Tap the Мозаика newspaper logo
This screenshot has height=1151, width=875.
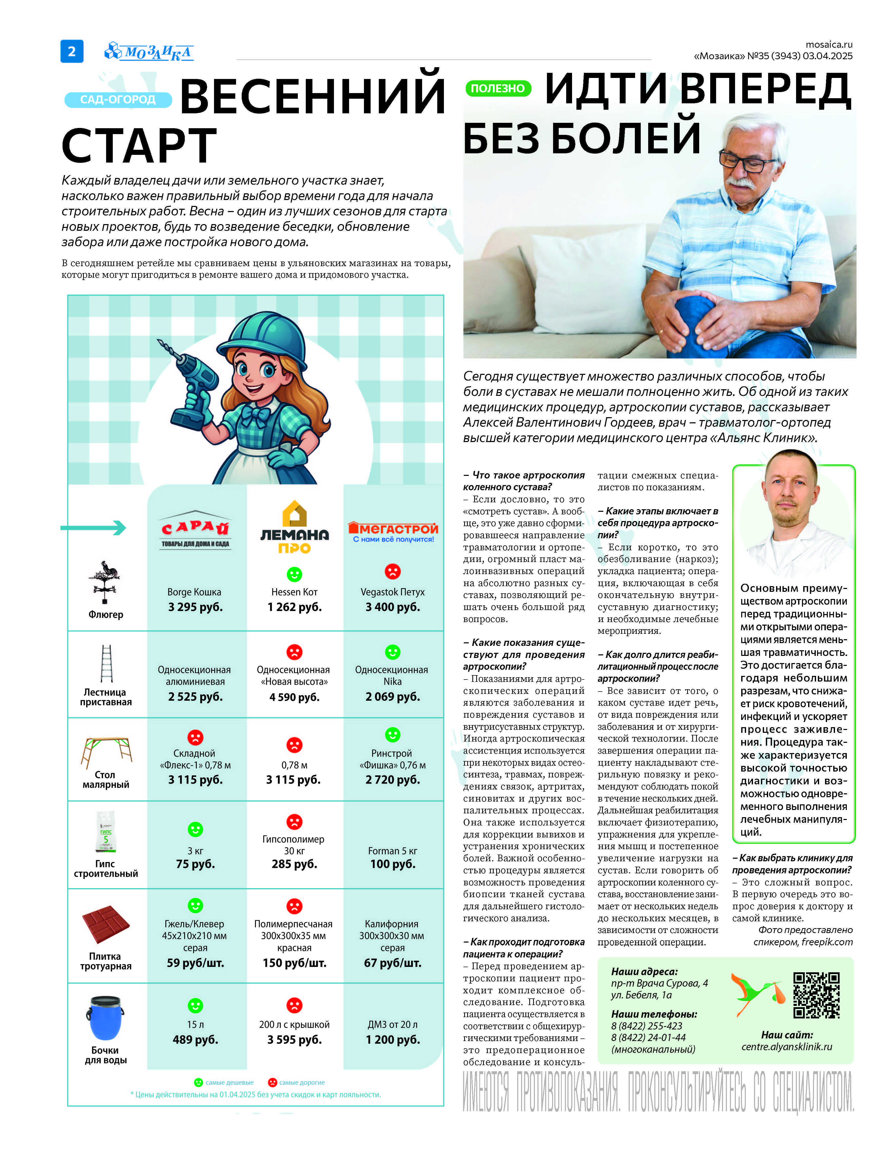pyautogui.click(x=149, y=52)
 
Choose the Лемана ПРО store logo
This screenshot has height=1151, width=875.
pyautogui.click(x=294, y=527)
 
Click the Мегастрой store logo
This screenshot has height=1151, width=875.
pyautogui.click(x=393, y=532)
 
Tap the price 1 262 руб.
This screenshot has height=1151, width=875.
pyautogui.click(x=294, y=607)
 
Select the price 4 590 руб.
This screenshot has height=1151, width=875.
pyautogui.click(x=294, y=697)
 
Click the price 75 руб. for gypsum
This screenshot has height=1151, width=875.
pyautogui.click(x=195, y=864)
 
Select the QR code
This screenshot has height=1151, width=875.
pyautogui.click(x=816, y=995)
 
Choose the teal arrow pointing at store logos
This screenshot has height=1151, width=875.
pyautogui.click(x=94, y=528)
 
